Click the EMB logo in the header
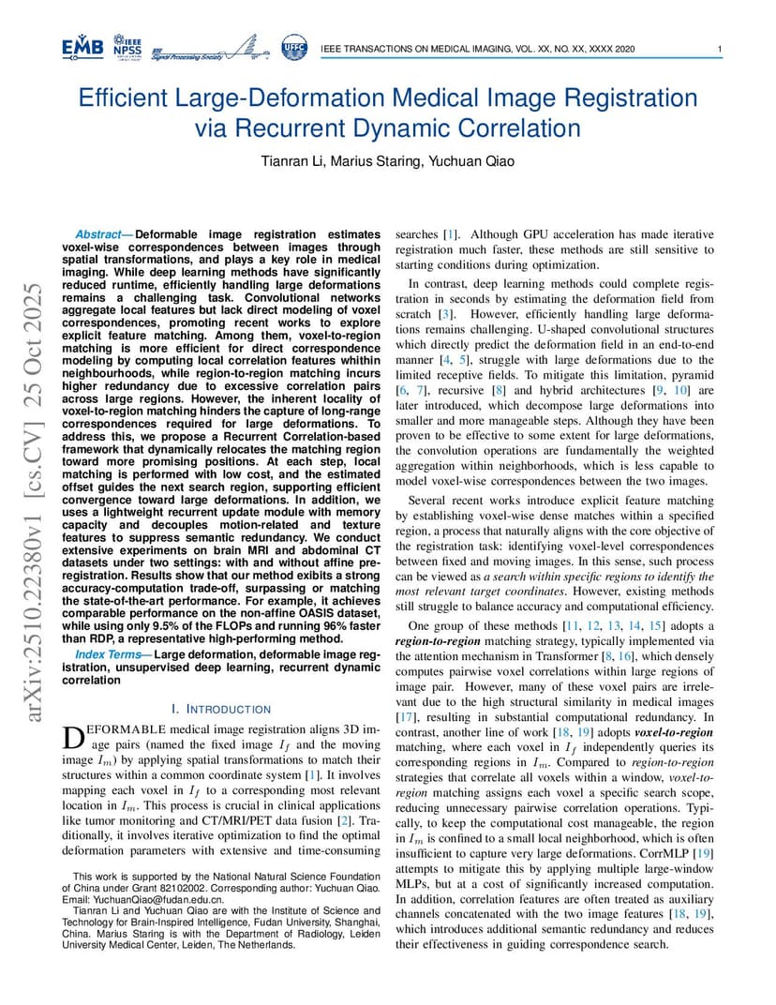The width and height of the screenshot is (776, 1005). click(x=82, y=47)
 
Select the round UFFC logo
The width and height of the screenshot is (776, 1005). click(x=293, y=47)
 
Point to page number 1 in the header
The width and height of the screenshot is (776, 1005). click(x=718, y=49)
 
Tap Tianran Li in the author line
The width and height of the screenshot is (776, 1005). click(x=291, y=161)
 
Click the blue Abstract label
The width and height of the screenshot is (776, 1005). click(x=103, y=234)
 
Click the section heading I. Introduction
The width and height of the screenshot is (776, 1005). click(x=221, y=709)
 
